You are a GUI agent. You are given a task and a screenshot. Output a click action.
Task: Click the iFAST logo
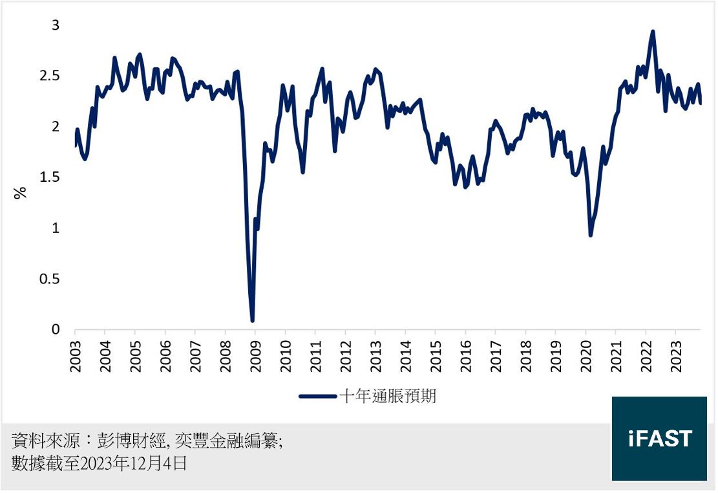(x=659, y=439)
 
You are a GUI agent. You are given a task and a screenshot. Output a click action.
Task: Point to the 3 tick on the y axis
(x=56, y=25)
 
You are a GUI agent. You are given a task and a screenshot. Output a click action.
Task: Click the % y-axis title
(x=21, y=192)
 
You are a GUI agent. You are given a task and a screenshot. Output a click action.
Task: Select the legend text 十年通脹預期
(x=388, y=397)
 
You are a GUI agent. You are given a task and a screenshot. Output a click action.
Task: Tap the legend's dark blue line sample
(x=318, y=397)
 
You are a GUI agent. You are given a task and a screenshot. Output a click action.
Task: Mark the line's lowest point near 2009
(x=252, y=320)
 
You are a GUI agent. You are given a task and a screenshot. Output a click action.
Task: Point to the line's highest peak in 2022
(x=653, y=32)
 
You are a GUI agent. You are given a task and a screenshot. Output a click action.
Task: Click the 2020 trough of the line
(x=591, y=235)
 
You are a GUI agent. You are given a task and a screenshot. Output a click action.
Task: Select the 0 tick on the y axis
(x=56, y=329)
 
